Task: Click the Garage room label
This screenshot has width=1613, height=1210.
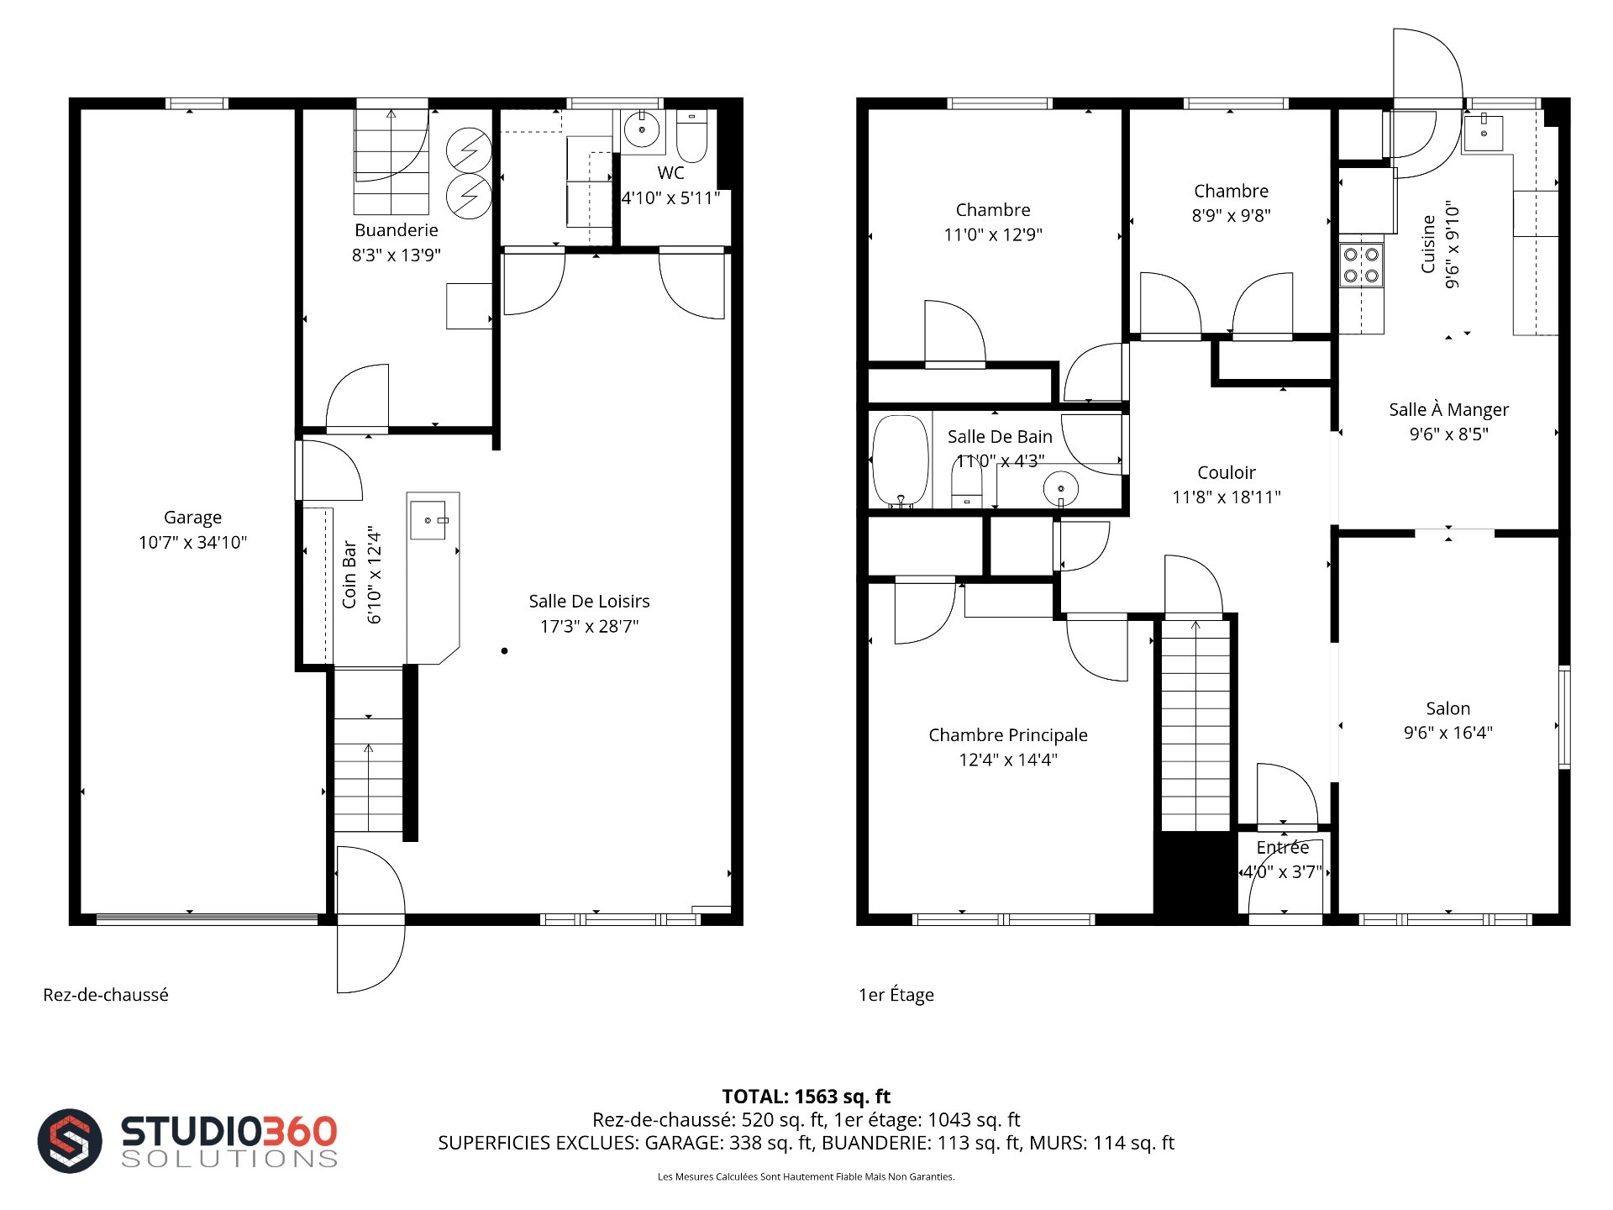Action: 192,518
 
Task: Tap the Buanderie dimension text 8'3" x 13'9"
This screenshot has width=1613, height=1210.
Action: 397,255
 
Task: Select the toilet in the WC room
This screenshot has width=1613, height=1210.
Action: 692,137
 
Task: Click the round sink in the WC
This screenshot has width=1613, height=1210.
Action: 643,129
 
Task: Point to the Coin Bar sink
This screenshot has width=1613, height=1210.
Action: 428,519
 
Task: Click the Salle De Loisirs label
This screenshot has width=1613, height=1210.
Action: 589,601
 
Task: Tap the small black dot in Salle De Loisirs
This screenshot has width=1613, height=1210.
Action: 504,650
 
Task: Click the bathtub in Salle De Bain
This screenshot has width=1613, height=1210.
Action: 901,461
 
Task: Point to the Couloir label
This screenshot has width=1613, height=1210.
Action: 1227,472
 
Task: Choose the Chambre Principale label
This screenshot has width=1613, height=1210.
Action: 1008,735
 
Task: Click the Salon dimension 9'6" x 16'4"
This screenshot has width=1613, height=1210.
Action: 1448,733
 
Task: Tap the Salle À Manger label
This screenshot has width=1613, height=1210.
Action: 1448,409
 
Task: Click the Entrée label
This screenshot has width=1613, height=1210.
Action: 1283,848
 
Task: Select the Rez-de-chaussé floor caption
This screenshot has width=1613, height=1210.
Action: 106,995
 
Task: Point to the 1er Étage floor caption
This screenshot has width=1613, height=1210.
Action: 896,995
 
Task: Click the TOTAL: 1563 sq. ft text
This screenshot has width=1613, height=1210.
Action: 806,1097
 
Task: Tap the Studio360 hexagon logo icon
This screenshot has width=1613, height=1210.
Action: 70,1140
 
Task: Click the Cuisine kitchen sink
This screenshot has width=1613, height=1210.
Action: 1484,133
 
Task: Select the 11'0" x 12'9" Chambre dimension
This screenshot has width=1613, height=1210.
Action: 993,234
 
